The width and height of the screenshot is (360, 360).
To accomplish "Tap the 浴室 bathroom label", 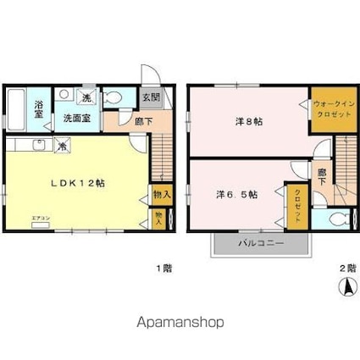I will (x=39, y=110).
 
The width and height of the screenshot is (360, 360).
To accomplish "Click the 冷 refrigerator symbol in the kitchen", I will (x=64, y=146).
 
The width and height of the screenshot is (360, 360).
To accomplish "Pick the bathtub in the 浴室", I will (x=18, y=109).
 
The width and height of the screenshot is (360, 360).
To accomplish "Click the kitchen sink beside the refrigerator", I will (x=38, y=146).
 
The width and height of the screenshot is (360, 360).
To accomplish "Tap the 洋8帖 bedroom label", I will (x=248, y=121).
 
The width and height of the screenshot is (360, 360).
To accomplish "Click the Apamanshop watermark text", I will (x=180, y=323).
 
